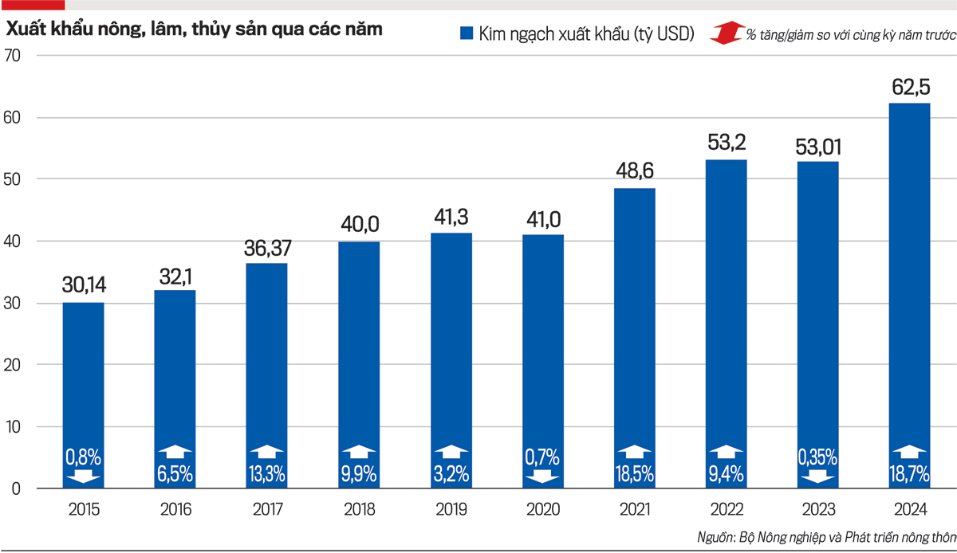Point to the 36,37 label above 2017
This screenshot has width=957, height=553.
point(266,248)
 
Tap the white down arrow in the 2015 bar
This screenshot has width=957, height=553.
point(83,477)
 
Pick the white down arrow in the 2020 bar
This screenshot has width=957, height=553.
point(542,477)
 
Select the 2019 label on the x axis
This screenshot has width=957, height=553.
point(451,509)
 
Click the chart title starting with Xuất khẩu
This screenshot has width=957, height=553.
point(195,29)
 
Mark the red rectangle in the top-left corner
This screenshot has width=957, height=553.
point(32,5)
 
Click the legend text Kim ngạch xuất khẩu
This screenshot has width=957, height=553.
point(586,33)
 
